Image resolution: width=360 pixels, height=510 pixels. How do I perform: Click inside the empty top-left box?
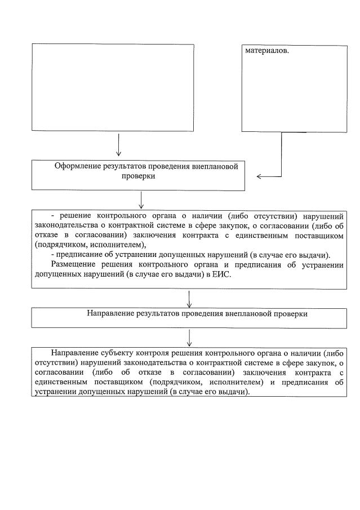(113, 87)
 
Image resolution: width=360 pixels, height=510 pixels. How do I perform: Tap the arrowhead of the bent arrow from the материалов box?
(259, 176)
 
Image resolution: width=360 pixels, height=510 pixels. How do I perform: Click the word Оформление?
(77, 166)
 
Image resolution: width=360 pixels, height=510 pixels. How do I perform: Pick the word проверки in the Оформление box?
(139, 176)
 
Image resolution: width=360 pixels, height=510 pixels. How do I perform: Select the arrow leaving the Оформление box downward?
(141, 199)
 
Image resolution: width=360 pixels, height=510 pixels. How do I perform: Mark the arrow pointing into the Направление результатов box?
(189, 299)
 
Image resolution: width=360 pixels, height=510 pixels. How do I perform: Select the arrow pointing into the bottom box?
(189, 338)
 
